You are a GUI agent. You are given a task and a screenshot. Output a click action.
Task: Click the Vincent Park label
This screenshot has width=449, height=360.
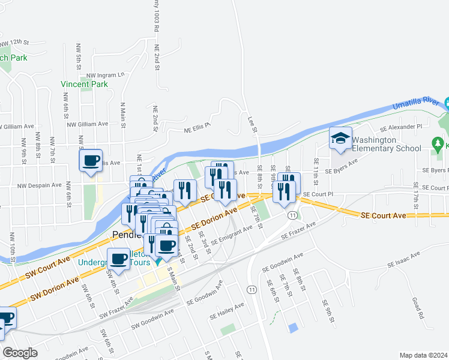click(x=84, y=85)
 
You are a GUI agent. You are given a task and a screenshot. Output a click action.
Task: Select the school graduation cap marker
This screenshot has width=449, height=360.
click(x=340, y=139)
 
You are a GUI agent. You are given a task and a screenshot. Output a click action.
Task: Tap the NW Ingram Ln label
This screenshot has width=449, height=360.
click(x=105, y=75)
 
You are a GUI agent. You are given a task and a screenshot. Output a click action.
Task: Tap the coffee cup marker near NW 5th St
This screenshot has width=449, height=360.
click(x=91, y=160)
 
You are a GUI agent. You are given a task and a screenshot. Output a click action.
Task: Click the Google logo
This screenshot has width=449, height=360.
click(x=20, y=353)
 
